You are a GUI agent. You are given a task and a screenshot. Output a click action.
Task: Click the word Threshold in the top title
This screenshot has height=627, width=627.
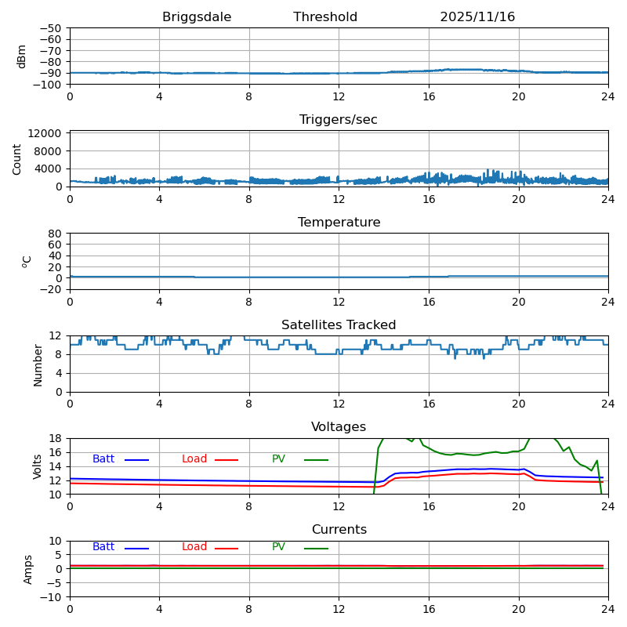point(325,17)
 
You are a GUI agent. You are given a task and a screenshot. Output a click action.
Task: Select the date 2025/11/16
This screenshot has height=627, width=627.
point(477,17)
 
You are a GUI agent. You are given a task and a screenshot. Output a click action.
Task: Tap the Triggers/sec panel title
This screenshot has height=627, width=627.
point(339,120)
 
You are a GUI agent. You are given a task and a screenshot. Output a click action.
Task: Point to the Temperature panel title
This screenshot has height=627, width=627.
point(339,223)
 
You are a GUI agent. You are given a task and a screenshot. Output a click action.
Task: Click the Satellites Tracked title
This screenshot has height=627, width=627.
point(339,325)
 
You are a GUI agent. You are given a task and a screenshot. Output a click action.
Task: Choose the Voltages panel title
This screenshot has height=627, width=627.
point(339,427)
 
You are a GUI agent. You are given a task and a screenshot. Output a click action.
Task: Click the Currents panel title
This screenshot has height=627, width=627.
point(339,530)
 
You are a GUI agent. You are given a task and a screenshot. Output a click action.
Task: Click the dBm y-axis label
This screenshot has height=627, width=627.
point(22,56)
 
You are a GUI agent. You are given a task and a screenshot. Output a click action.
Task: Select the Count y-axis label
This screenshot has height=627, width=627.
point(17,158)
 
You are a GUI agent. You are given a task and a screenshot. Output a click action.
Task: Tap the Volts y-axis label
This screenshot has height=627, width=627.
point(38,466)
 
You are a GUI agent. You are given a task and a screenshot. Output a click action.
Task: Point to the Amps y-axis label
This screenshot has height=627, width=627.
point(28,569)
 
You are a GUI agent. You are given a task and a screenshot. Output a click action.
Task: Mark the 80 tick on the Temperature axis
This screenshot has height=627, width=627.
point(55,234)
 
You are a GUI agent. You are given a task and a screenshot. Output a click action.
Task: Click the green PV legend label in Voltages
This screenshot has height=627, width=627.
point(278,459)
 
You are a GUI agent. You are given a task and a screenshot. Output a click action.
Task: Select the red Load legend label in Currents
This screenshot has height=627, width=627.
point(194,547)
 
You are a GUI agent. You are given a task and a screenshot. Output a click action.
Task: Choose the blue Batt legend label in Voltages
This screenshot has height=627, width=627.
point(103,459)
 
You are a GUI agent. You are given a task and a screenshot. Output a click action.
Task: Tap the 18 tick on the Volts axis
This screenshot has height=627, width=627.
point(55,439)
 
